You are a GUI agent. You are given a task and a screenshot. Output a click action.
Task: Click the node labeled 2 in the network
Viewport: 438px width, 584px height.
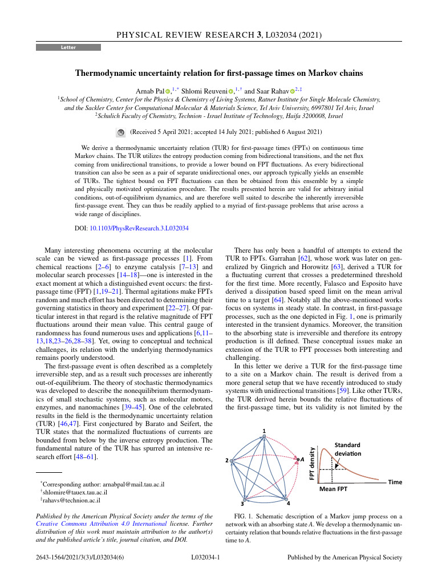tap(231, 460)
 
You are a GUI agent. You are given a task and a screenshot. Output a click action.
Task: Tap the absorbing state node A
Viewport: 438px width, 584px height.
tap(297, 459)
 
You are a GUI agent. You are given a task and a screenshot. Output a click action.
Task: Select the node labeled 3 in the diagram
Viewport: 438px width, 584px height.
tap(244, 498)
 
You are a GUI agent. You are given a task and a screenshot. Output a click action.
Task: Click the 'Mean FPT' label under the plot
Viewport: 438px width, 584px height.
tap(334, 489)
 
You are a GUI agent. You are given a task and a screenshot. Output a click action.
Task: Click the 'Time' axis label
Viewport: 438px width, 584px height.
tap(395, 482)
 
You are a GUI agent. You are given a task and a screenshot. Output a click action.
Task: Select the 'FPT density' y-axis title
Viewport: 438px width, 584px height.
tap(311, 463)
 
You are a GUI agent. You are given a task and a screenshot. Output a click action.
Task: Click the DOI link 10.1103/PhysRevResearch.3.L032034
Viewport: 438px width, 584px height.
tap(139, 228)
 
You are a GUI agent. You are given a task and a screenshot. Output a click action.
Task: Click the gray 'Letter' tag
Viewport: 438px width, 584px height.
tap(68, 47)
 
